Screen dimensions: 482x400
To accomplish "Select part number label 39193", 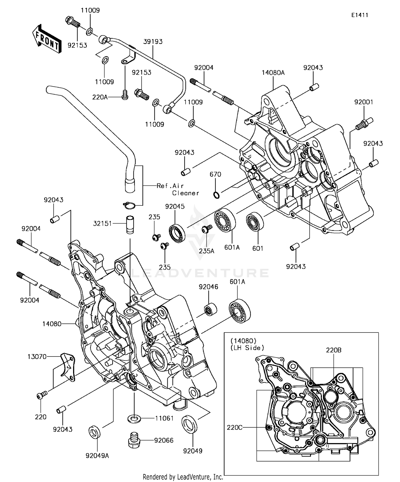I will click(153, 42).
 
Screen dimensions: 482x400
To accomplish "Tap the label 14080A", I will click(273, 72).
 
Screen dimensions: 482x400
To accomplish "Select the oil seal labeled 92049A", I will click(95, 431).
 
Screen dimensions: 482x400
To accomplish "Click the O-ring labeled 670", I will click(216, 195).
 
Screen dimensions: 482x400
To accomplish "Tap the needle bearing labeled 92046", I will click(211, 309).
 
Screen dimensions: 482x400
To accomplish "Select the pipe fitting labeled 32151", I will click(130, 224).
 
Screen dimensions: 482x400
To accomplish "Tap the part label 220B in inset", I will click(334, 350).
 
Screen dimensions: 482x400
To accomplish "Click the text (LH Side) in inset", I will click(247, 347).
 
